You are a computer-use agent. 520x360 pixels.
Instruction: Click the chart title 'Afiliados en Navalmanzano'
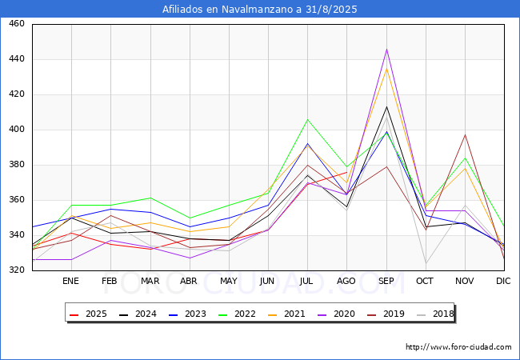[259, 10]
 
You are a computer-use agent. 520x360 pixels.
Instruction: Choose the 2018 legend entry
[434, 314]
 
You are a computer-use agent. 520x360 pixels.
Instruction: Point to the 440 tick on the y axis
[16, 59]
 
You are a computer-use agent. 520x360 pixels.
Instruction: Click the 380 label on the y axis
[16, 165]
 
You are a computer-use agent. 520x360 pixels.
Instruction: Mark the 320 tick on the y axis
[16, 270]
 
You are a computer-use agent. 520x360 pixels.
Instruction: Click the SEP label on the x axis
[387, 281]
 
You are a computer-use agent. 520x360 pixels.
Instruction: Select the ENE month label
[70, 281]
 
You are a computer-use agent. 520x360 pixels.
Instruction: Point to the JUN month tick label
[268, 281]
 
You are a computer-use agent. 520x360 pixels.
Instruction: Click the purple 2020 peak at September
[387, 49]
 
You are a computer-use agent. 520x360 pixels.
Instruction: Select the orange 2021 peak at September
[387, 68]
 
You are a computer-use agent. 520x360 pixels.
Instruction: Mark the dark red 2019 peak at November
[465, 134]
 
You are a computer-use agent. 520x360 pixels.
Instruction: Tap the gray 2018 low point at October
[426, 263]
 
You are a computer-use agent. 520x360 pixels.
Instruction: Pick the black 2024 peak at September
[387, 106]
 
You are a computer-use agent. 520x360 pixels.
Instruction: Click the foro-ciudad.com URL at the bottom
[458, 347]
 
